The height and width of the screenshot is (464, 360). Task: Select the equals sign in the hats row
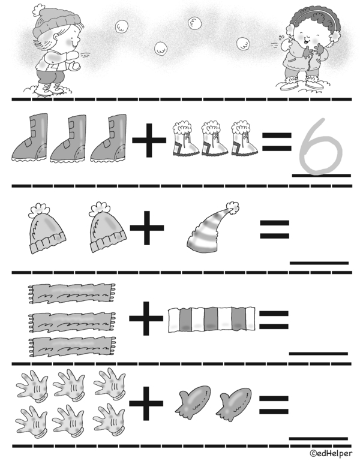click(x=274, y=230)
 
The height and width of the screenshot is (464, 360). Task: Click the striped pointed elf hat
click(x=213, y=232)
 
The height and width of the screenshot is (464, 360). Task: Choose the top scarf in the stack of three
click(x=71, y=292)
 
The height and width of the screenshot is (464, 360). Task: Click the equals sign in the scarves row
click(x=274, y=319)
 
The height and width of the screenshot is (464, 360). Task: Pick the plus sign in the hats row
click(x=148, y=231)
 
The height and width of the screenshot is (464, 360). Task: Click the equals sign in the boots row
click(x=277, y=142)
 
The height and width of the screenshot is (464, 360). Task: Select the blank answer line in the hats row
click(x=319, y=263)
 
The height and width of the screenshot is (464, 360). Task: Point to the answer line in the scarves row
click(x=319, y=353)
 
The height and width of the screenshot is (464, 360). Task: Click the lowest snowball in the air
click(x=161, y=48)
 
